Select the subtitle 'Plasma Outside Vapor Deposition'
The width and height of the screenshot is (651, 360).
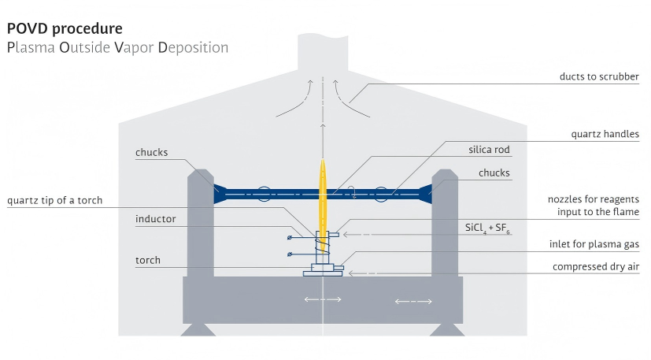(x=117, y=47)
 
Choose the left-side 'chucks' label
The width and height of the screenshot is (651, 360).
(x=151, y=153)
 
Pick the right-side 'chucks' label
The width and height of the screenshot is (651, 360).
(x=494, y=173)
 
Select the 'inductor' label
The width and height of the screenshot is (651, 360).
(x=155, y=218)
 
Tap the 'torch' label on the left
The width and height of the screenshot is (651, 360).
(x=147, y=260)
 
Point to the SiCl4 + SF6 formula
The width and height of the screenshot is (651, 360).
(x=488, y=229)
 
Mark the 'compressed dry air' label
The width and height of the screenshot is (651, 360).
(x=595, y=267)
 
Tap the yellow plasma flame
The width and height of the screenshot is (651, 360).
(x=323, y=197)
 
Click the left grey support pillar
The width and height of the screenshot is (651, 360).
(x=199, y=225)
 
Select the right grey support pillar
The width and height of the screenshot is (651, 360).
(x=445, y=225)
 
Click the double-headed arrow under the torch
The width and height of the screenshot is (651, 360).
(x=323, y=299)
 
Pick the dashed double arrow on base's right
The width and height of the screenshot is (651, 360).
(x=413, y=301)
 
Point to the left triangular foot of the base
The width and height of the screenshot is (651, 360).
(x=198, y=329)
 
